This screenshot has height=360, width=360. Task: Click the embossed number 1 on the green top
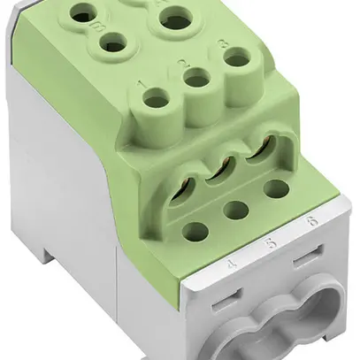(x=142, y=86)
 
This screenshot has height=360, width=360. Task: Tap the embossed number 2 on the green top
(x=183, y=64)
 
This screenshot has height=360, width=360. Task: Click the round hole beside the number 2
(x=199, y=81)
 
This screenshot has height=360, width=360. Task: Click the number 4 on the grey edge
(x=233, y=263)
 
